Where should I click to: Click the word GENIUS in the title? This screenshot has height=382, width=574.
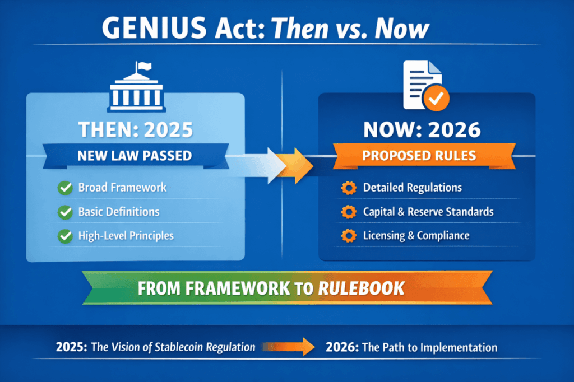(154, 28)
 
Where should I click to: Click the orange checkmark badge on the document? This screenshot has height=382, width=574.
(436, 97)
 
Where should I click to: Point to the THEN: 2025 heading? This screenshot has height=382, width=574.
(136, 129)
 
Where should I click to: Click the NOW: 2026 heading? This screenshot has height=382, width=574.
(422, 129)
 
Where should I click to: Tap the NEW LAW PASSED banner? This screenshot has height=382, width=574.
(136, 156)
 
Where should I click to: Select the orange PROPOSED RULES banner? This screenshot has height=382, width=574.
(424, 156)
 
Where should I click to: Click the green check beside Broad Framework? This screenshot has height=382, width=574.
(65, 188)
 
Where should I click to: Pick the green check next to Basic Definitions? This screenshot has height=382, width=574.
(65, 212)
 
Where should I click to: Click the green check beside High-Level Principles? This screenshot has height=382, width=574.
(65, 236)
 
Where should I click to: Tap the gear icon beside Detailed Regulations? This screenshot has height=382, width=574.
(349, 188)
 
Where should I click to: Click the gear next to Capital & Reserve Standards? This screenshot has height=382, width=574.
(349, 212)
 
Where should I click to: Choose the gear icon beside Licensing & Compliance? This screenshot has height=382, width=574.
(349, 236)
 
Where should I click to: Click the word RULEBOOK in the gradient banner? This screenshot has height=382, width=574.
(362, 288)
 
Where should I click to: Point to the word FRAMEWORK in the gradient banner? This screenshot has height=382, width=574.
(238, 288)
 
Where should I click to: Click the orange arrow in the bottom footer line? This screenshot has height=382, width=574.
(289, 347)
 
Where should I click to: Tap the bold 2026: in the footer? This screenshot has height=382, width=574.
(342, 347)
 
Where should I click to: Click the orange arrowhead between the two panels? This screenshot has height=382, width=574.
(295, 165)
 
